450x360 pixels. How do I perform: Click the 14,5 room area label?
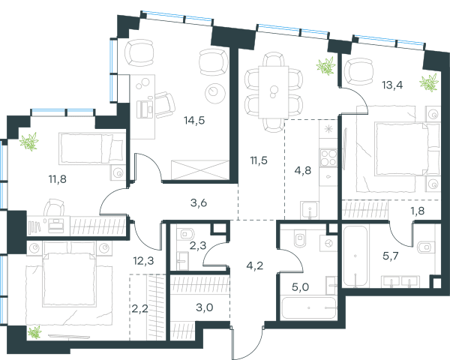pyautogui.click(x=194, y=121)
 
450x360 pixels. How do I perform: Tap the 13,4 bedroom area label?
pyautogui.click(x=392, y=85)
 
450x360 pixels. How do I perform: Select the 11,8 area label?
pyautogui.click(x=58, y=179)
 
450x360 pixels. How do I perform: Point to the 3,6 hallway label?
pyautogui.click(x=199, y=203)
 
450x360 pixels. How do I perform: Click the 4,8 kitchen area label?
pyautogui.click(x=303, y=170)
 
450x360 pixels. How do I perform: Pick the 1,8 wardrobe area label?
pyautogui.click(x=418, y=211)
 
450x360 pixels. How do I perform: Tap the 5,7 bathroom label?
pyautogui.click(x=391, y=255)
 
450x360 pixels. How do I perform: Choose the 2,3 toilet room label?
pyautogui.click(x=198, y=245)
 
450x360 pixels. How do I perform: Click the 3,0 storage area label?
pyautogui.click(x=204, y=307)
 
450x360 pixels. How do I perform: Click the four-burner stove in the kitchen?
pyautogui.click(x=328, y=157)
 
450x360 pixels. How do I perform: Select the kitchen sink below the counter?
pyautogui.click(x=309, y=210)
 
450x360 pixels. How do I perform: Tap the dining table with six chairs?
pyautogui.click(x=274, y=92)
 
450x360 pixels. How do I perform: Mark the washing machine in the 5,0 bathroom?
pyautogui.click(x=328, y=244)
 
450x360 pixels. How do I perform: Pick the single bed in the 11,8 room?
pyautogui.click(x=91, y=148)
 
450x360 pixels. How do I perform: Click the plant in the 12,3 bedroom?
pyautogui.click(x=34, y=332)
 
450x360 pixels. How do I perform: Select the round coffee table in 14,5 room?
pyautogui.click(x=215, y=93)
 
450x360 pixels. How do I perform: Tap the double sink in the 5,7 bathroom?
pyautogui.click(x=400, y=281)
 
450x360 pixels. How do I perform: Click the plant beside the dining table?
pyautogui.click(x=326, y=66)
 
